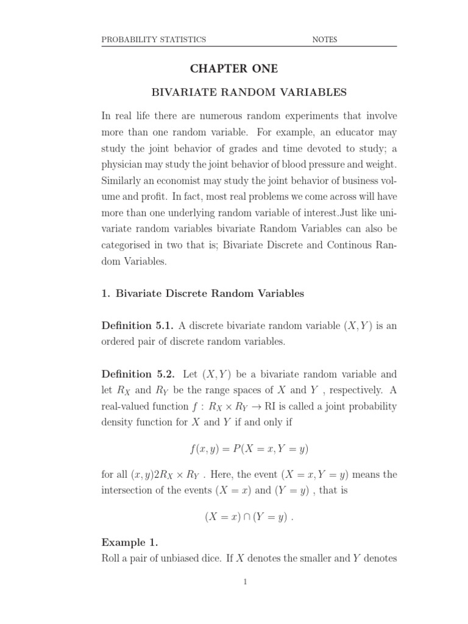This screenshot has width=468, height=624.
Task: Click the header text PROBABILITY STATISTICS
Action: point(154,40)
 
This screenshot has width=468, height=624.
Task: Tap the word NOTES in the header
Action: point(324,40)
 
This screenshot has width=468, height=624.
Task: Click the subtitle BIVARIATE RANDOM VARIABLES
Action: point(249,93)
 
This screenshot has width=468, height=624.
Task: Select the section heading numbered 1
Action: point(202,294)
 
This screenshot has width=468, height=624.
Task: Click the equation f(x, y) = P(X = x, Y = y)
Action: point(249,450)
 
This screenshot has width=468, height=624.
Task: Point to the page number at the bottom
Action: point(245,582)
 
